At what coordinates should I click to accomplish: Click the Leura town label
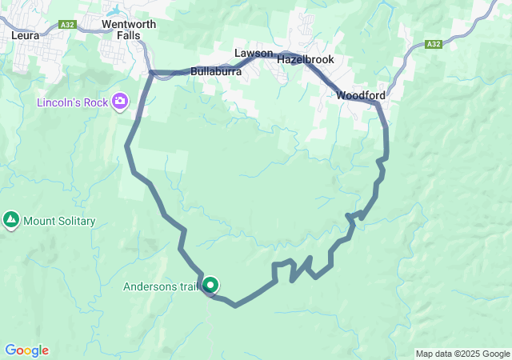(26, 35)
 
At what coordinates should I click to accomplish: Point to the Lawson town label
(254, 53)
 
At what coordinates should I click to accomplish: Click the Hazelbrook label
(305, 60)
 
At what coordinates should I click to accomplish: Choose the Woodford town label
(360, 95)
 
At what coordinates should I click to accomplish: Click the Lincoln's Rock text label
(74, 102)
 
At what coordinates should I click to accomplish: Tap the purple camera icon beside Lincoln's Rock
(120, 102)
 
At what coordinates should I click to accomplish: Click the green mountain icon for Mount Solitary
(12, 219)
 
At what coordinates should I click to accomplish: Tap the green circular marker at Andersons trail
(211, 284)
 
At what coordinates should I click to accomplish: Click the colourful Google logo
(26, 350)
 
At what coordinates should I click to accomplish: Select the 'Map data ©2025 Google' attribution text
(462, 354)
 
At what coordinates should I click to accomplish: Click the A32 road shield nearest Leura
(70, 26)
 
